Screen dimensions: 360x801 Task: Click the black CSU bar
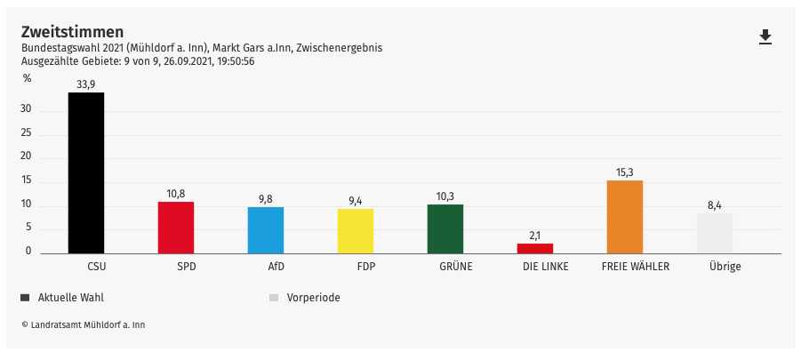(x=86, y=172)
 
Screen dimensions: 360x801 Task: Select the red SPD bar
(x=176, y=228)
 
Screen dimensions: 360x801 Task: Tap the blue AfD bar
(x=266, y=230)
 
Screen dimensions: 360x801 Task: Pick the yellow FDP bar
(x=356, y=231)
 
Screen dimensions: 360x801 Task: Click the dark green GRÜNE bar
(x=445, y=228)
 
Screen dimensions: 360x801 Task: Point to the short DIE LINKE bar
(x=535, y=248)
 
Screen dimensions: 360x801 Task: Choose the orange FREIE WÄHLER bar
(x=624, y=217)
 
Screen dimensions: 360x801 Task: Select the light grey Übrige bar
(x=715, y=233)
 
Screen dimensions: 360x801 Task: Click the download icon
(x=765, y=36)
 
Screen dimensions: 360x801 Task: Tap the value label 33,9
(x=86, y=84)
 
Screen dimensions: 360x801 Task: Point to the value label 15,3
(x=624, y=172)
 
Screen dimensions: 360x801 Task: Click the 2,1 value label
(x=535, y=236)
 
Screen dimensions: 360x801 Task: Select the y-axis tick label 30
(x=26, y=109)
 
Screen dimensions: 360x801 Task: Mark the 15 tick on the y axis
(x=26, y=180)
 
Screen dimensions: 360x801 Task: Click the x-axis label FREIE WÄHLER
(x=636, y=266)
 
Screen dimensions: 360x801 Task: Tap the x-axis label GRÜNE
(x=456, y=266)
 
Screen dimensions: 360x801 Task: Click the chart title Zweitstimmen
(x=72, y=32)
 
